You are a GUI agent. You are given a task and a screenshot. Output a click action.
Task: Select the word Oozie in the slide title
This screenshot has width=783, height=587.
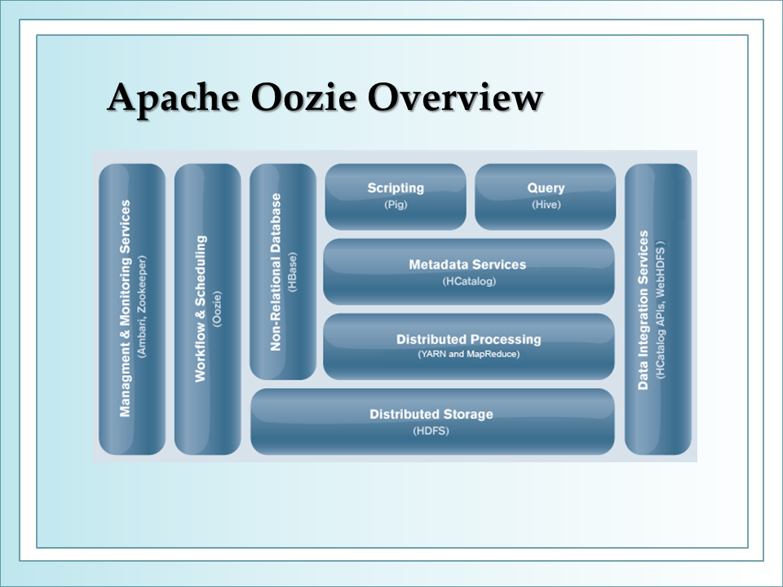pyautogui.click(x=303, y=97)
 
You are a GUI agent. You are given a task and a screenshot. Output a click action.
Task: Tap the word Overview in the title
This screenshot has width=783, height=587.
pyautogui.click(x=455, y=97)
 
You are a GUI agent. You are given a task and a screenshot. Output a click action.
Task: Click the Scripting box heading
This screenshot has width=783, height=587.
pyautogui.click(x=396, y=188)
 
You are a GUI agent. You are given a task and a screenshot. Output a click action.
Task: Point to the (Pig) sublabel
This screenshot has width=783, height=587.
pyautogui.click(x=396, y=205)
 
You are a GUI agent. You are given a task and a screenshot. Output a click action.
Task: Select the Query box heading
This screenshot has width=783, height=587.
pyautogui.click(x=546, y=188)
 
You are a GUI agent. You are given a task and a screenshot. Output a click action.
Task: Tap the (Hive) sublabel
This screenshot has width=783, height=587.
pyautogui.click(x=546, y=205)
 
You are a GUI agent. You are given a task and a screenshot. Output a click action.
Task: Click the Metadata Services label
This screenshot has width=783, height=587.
pyautogui.click(x=467, y=264)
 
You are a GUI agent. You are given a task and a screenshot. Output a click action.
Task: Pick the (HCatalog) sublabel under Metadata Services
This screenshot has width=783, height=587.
pyautogui.click(x=469, y=281)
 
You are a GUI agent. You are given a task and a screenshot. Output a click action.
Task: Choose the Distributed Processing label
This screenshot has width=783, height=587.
pyautogui.click(x=468, y=339)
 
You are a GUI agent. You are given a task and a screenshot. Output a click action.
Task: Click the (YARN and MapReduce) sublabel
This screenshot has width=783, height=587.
pyautogui.click(x=468, y=354)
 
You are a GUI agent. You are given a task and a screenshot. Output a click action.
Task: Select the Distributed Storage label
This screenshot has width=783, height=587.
pyautogui.click(x=431, y=414)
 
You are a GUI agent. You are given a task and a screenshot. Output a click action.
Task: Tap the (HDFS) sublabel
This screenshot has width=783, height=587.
pyautogui.click(x=431, y=430)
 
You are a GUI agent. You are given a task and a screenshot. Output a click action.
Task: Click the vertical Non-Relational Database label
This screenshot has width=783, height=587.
pyautogui.click(x=276, y=272)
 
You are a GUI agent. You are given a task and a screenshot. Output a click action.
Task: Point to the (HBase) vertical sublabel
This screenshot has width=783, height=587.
pyautogui.click(x=292, y=272)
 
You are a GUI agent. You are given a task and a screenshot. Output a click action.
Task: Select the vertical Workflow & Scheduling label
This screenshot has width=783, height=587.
pyautogui.click(x=201, y=309)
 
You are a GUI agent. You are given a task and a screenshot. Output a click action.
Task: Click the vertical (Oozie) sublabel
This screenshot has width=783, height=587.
pyautogui.click(x=217, y=309)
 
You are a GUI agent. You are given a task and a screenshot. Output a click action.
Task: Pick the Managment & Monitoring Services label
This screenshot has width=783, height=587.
pyautogui.click(x=125, y=308)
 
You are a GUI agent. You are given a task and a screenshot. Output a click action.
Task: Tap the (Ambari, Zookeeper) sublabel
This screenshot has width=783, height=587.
pyautogui.click(x=142, y=307)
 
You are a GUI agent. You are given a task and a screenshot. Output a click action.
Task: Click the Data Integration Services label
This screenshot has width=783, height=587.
pyautogui.click(x=644, y=310)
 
